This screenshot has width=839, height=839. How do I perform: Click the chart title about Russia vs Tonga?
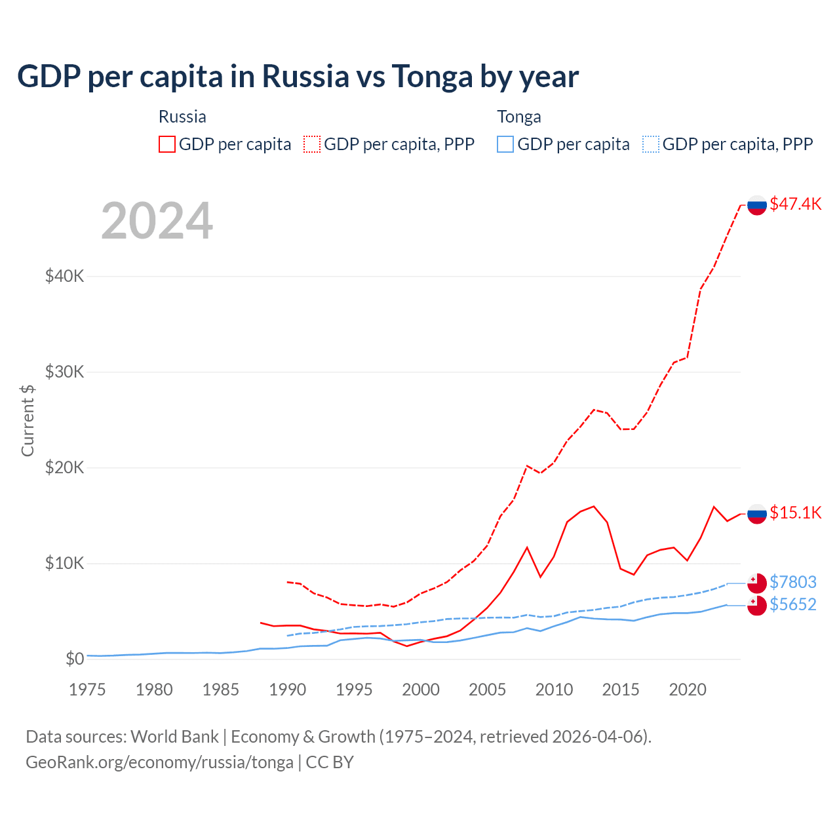pyautogui.click(x=298, y=76)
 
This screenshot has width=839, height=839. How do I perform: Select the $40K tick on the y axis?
pyautogui.click(x=64, y=276)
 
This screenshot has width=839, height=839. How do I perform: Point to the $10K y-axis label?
pyautogui.click(x=64, y=563)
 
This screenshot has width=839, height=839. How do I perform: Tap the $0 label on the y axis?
pyautogui.click(x=75, y=659)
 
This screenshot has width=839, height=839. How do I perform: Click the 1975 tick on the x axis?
pyautogui.click(x=87, y=690)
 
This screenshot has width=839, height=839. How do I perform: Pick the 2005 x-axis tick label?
pyautogui.click(x=487, y=690)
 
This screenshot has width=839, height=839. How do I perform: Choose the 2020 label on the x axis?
pyautogui.click(x=687, y=690)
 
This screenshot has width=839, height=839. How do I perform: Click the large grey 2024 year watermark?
pyautogui.click(x=157, y=221)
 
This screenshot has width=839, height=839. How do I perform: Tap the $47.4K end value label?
pyautogui.click(x=795, y=204)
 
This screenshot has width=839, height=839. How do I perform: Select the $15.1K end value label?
pyautogui.click(x=795, y=513)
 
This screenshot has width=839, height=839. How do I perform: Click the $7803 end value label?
pyautogui.click(x=793, y=582)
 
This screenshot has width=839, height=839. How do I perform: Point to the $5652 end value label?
pyautogui.click(x=793, y=604)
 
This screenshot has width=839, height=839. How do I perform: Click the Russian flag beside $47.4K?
pyautogui.click(x=757, y=205)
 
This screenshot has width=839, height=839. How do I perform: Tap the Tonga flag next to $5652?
pyautogui.click(x=757, y=606)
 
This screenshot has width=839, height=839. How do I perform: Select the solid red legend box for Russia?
pyautogui.click(x=167, y=144)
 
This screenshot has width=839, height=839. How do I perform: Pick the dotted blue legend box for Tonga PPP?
pyautogui.click(x=651, y=144)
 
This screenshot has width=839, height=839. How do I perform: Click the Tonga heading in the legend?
pyautogui.click(x=519, y=117)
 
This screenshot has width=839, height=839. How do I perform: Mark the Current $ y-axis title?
pyautogui.click(x=28, y=420)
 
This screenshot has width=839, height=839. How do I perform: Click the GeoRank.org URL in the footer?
pyautogui.click(x=159, y=762)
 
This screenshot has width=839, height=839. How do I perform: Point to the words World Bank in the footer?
pyautogui.click(x=174, y=737)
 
